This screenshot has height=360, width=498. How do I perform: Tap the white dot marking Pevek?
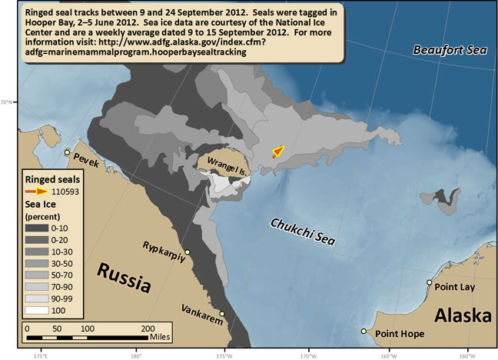68,152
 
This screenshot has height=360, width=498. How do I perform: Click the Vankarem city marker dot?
223,314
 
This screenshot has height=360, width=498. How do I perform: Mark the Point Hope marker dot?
364,332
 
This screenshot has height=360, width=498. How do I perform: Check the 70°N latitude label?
6,101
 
